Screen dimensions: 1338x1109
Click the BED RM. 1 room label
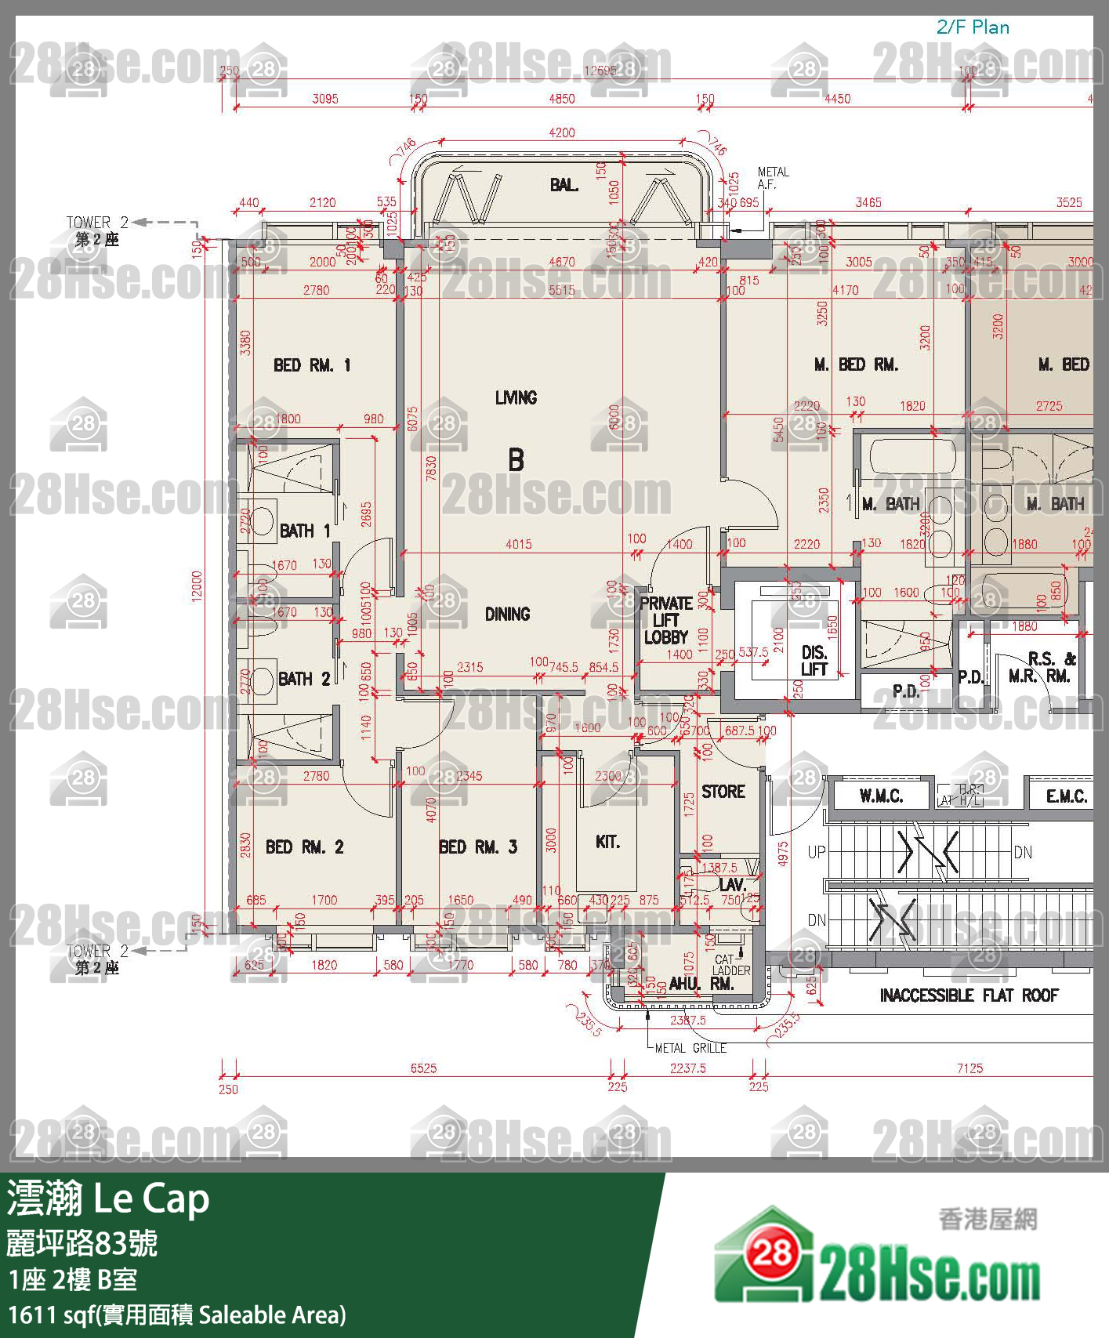pos(311,365)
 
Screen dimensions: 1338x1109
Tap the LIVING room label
pos(516,398)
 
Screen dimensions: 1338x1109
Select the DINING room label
pos(507,615)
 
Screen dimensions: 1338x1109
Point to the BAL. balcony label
pos(564,185)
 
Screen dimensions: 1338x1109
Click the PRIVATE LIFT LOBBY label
pos(665,620)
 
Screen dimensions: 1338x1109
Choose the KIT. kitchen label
pos(607,842)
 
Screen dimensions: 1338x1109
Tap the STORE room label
pos(723,792)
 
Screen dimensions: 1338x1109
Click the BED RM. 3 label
pos(477,847)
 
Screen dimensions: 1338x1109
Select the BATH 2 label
pos(304,679)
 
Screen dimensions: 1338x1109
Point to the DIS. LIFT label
pos(814,661)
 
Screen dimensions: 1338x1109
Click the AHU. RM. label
pos(701,984)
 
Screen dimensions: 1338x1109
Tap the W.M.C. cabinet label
pos(881,796)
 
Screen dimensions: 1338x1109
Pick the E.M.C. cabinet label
pos(1066,796)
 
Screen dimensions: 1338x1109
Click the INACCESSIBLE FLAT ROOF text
pos(969,995)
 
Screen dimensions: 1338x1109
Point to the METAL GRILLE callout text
pos(690,1048)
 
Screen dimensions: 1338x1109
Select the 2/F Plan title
pos(973,27)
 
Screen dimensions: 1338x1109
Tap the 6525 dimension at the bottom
pos(423,1068)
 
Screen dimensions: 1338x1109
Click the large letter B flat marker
pos(516,459)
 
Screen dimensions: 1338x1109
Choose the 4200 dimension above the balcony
pos(561,133)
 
